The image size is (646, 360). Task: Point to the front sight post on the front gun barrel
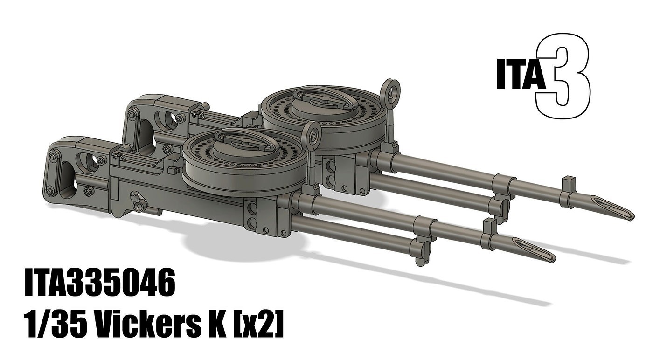pyautogui.click(x=488, y=226)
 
